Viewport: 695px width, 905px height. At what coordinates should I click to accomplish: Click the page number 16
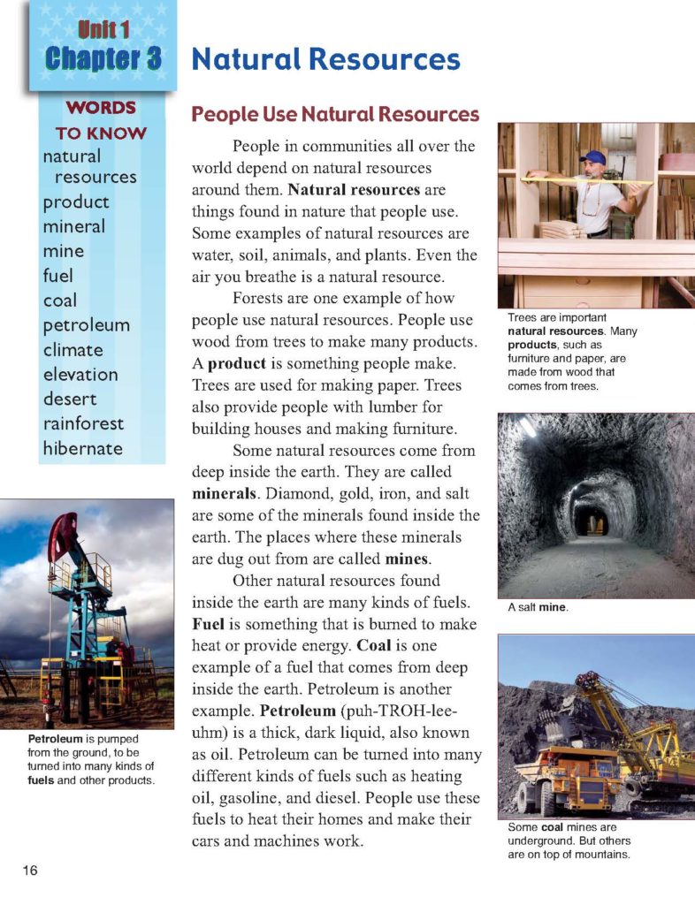(x=29, y=871)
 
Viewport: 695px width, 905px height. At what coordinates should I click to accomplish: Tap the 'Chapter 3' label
(x=103, y=58)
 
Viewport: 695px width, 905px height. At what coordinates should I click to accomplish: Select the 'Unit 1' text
(x=103, y=28)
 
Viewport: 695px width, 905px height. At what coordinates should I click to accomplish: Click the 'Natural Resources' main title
(x=325, y=60)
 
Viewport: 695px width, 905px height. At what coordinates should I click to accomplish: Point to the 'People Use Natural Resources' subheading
(x=335, y=115)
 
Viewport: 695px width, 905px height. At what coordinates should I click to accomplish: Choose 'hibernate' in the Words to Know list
(x=83, y=448)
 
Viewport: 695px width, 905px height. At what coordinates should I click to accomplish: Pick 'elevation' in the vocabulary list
(x=80, y=374)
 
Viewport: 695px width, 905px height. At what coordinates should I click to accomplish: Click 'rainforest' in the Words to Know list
(x=84, y=423)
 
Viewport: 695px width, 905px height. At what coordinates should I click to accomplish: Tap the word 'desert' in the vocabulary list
(x=70, y=399)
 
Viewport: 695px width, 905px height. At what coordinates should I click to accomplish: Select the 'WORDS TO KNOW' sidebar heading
(x=101, y=120)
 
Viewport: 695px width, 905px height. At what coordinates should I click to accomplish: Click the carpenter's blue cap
(x=595, y=157)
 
